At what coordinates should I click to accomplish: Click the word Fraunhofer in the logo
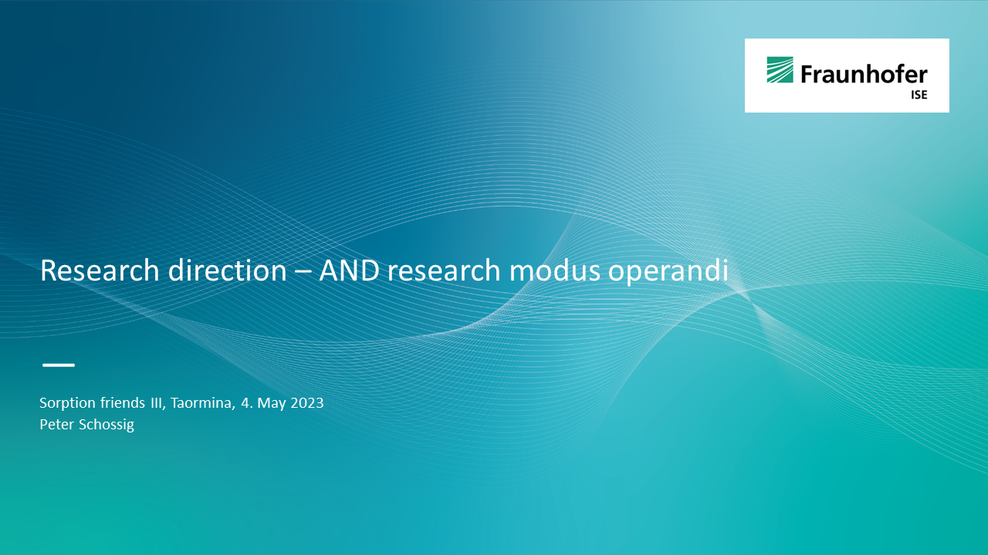864,74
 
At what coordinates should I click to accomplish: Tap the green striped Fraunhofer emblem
780,69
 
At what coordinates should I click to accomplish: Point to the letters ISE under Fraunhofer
919,95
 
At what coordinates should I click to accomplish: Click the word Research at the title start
100,270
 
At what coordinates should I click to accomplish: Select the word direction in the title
228,270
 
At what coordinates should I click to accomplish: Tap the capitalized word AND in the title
349,270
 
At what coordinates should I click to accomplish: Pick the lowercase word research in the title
444,270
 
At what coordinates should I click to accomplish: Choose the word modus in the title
555,270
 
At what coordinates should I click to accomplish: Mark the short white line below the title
59,365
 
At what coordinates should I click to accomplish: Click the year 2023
307,403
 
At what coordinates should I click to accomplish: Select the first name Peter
56,424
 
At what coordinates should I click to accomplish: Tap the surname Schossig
107,425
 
